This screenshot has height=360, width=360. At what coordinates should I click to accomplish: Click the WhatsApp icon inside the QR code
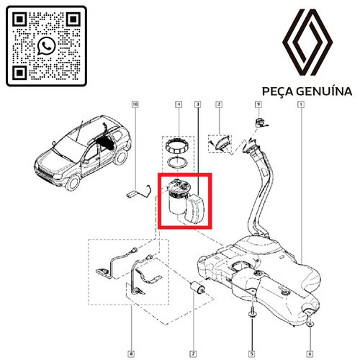click(x=46, y=46)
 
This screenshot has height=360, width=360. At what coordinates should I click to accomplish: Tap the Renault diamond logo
click(x=307, y=42)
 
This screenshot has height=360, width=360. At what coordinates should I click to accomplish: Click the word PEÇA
click(x=277, y=91)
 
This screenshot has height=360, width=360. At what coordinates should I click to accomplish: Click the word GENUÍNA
click(x=324, y=91)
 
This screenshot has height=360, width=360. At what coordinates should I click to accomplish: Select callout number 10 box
click(x=135, y=104)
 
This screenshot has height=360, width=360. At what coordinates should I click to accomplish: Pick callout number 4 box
click(x=179, y=104)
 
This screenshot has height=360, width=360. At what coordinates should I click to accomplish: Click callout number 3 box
click(x=198, y=104)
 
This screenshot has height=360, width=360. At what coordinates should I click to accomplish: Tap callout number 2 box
click(x=219, y=104)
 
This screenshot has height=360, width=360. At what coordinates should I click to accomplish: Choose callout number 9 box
click(x=258, y=104)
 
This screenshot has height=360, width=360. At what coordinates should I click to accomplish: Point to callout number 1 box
click(x=301, y=104)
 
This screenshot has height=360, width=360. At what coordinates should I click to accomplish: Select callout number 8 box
click(x=131, y=354)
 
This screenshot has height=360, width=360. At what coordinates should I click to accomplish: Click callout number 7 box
click(x=193, y=354)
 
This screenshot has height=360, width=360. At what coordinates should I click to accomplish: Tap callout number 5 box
click(x=252, y=354)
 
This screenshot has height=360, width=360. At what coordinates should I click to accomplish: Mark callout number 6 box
click(x=310, y=354)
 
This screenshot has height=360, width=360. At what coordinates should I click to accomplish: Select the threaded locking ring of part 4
click(x=177, y=146)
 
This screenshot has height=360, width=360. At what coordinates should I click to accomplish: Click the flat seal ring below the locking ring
click(x=177, y=163)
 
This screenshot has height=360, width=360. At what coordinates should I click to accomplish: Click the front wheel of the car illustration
click(x=73, y=182)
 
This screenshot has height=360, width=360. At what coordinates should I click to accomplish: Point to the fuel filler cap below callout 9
click(x=260, y=122)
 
